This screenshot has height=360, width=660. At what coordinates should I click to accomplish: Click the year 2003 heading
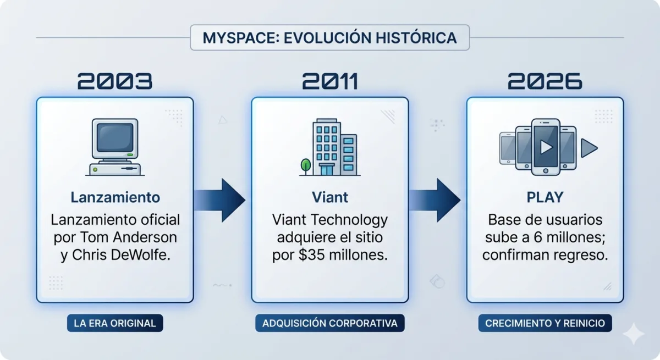point(115,81)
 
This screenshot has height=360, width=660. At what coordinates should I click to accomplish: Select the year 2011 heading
point(330,81)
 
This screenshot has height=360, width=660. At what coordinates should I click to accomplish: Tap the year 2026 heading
point(545,81)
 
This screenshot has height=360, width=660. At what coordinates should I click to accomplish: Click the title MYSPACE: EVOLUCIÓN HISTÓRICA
point(329,38)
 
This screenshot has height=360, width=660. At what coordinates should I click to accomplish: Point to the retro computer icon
point(115,147)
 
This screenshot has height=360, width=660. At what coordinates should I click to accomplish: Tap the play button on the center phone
point(546,147)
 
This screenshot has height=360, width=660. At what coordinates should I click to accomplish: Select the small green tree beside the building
point(306,167)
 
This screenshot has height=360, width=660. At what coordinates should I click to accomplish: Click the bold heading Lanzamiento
point(115,197)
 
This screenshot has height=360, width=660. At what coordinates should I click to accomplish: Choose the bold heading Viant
point(330,197)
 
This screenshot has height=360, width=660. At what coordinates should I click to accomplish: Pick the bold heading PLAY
point(545,197)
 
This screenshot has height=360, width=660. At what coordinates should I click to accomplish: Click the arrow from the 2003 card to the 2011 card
point(219,200)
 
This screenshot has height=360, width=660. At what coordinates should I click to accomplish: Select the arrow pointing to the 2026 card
point(435,200)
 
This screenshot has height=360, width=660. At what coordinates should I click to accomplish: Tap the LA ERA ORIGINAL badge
point(115,323)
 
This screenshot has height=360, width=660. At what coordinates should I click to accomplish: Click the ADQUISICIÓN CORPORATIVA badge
point(330,323)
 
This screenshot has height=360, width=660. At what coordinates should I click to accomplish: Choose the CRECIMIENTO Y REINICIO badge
point(545,323)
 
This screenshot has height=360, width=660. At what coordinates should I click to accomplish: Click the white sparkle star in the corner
point(634,334)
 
